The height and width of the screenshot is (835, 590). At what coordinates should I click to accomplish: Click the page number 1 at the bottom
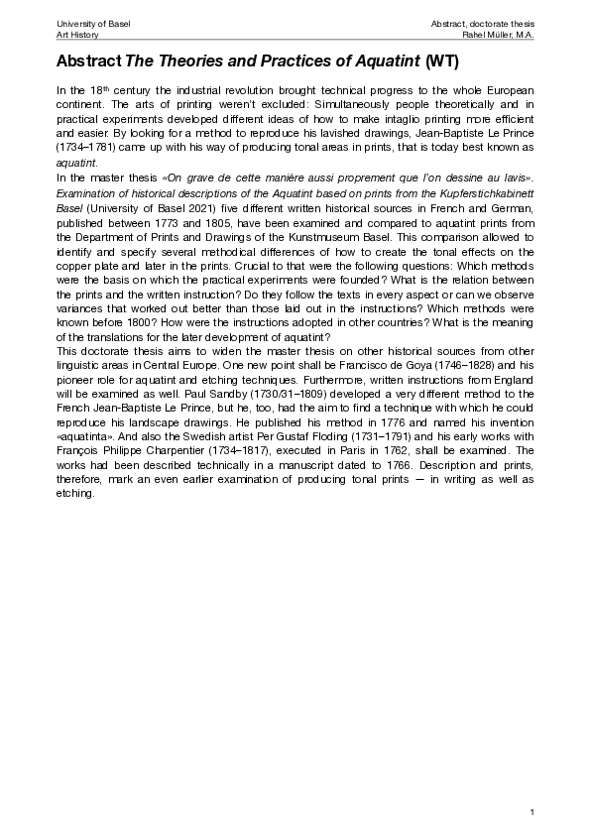(532, 813)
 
